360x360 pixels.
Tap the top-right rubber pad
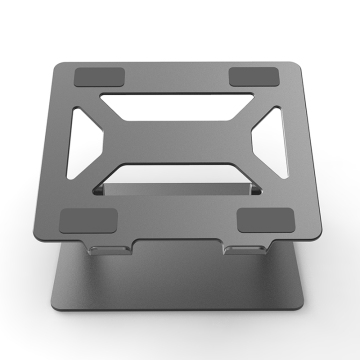[256, 78]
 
